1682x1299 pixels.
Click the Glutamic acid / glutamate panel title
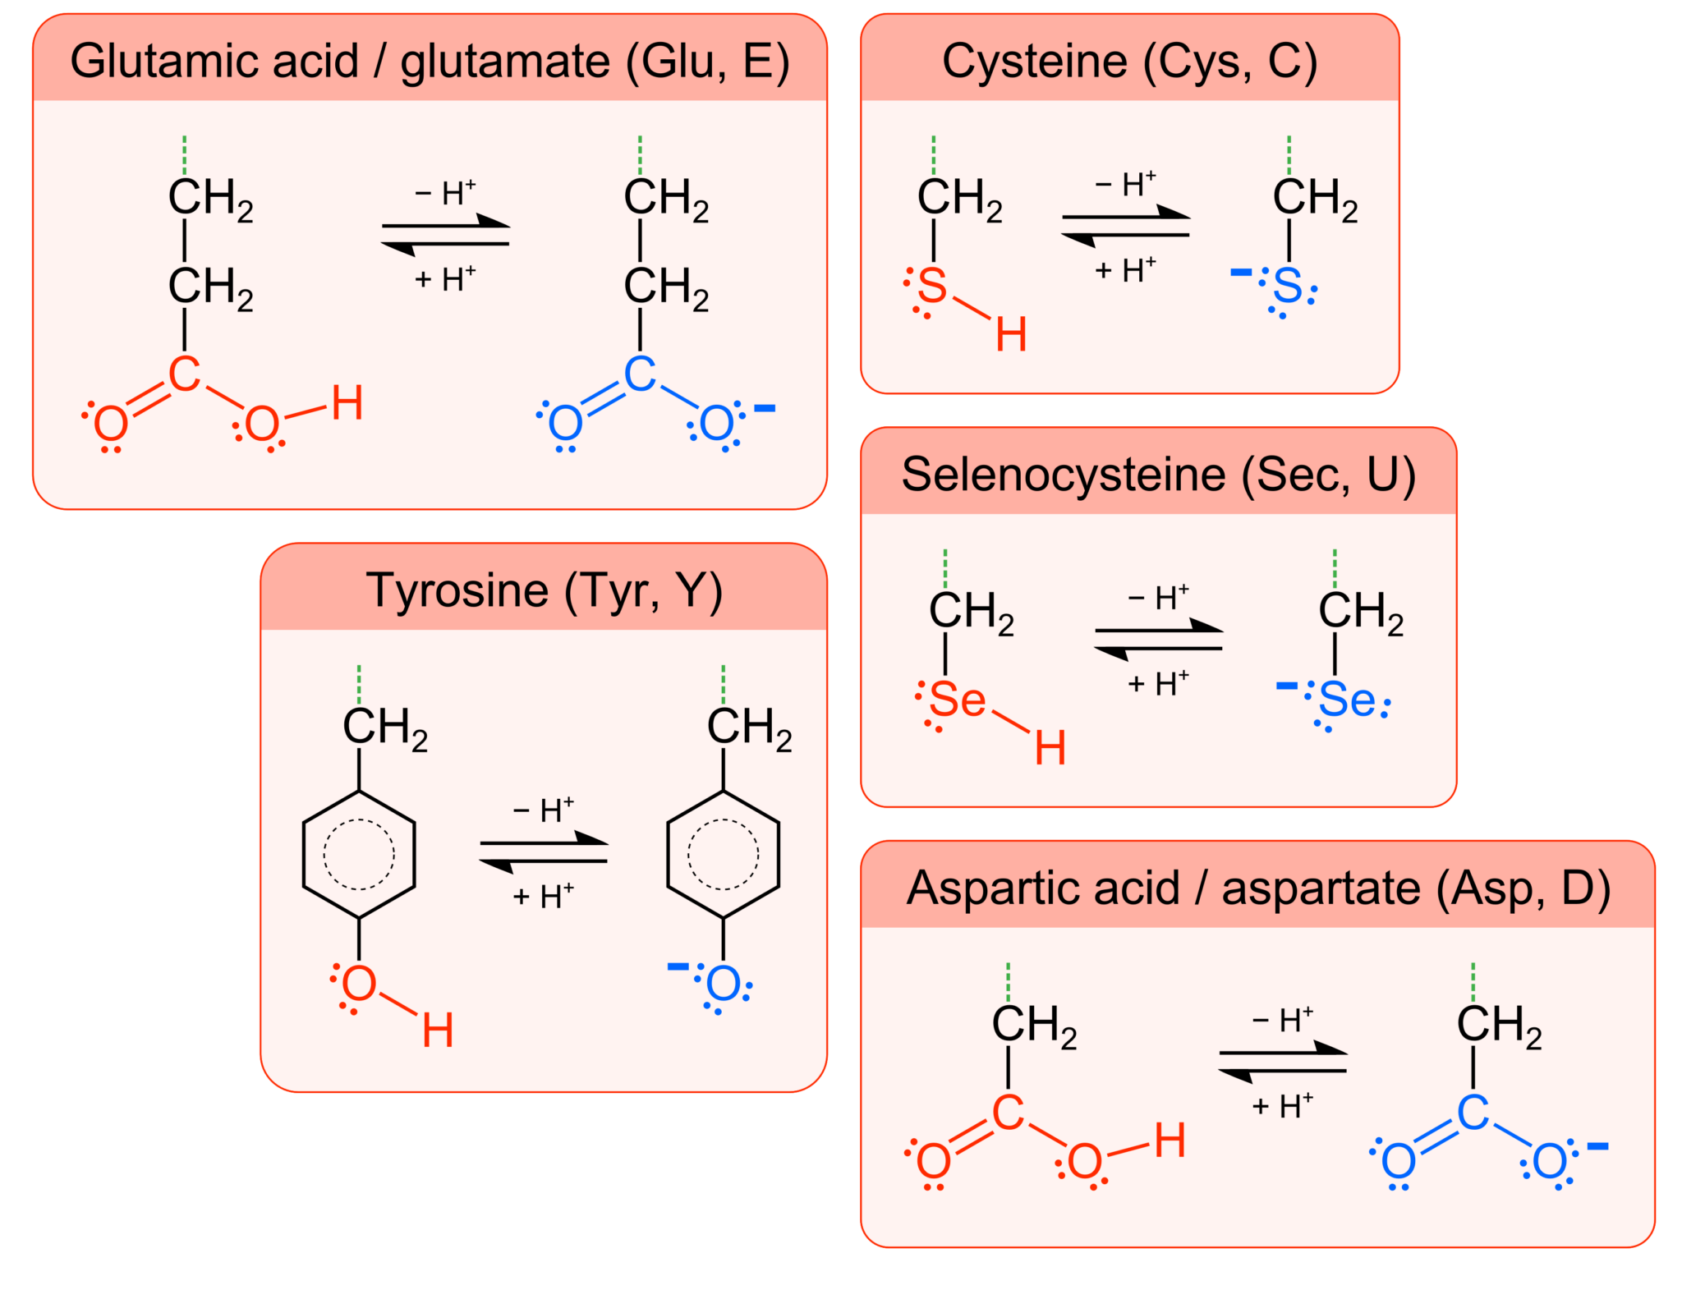pyautogui.click(x=430, y=61)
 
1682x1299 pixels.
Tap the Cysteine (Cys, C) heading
pyautogui.click(x=1129, y=61)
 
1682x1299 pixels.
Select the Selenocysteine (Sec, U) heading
pyautogui.click(x=1158, y=475)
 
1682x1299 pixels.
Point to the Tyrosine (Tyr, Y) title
pyautogui.click(x=544, y=590)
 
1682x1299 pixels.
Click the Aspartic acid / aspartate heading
pyautogui.click(x=1258, y=888)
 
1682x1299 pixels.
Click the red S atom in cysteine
pyautogui.click(x=932, y=286)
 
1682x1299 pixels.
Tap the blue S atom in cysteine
pyautogui.click(x=1288, y=286)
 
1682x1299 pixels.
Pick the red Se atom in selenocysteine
pyautogui.click(x=958, y=700)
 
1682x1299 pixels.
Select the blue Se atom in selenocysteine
pyautogui.click(x=1347, y=700)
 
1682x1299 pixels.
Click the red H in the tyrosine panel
pyautogui.click(x=438, y=1030)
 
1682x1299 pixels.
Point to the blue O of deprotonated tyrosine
pyautogui.click(x=723, y=984)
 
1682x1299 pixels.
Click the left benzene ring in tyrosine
pyautogui.click(x=359, y=854)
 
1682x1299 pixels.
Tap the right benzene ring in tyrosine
pyautogui.click(x=723, y=854)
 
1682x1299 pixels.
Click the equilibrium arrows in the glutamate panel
pyautogui.click(x=445, y=235)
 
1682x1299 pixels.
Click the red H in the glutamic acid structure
pyautogui.click(x=347, y=403)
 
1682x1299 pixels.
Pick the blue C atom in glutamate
pyautogui.click(x=640, y=374)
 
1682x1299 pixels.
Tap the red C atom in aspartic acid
pyautogui.click(x=1008, y=1113)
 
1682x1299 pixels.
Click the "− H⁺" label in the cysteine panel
pyautogui.click(x=1125, y=185)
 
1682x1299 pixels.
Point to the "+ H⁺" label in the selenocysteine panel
pyautogui.click(x=1158, y=683)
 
